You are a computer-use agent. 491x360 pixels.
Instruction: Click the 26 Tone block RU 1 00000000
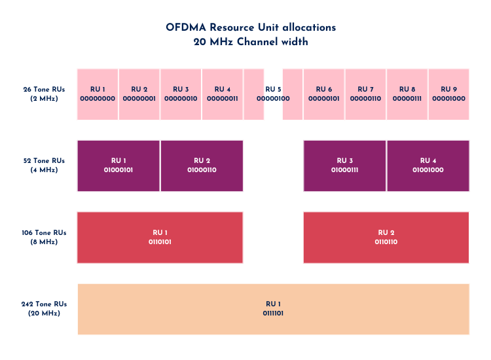(98, 94)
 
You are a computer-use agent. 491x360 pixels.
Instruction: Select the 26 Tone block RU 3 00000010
(181, 94)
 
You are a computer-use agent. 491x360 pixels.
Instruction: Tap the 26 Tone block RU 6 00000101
(324, 94)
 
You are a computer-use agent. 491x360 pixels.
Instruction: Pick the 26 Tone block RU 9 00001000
(448, 94)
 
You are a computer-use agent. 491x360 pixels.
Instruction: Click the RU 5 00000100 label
(273, 94)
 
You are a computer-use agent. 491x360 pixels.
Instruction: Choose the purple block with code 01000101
(118, 166)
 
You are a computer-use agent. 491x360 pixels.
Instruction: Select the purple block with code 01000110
(202, 166)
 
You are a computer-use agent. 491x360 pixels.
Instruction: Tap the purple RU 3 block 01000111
(344, 166)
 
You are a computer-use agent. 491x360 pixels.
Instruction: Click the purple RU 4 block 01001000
(428, 166)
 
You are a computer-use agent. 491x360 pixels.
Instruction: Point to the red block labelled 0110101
(160, 238)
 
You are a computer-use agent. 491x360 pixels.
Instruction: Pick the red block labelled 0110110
(386, 238)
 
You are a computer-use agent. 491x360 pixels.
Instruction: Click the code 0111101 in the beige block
(273, 314)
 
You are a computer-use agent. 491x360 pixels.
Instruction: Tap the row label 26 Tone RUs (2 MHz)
(44, 94)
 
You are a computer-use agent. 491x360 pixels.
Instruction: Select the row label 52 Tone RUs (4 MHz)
(44, 166)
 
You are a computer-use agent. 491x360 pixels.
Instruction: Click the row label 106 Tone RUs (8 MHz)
(44, 238)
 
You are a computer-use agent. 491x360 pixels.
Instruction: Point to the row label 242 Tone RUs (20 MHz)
(44, 309)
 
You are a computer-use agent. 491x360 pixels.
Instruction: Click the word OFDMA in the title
(186, 27)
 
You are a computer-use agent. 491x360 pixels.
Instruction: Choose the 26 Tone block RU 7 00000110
(365, 94)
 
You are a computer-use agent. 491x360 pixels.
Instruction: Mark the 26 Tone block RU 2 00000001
(139, 94)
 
